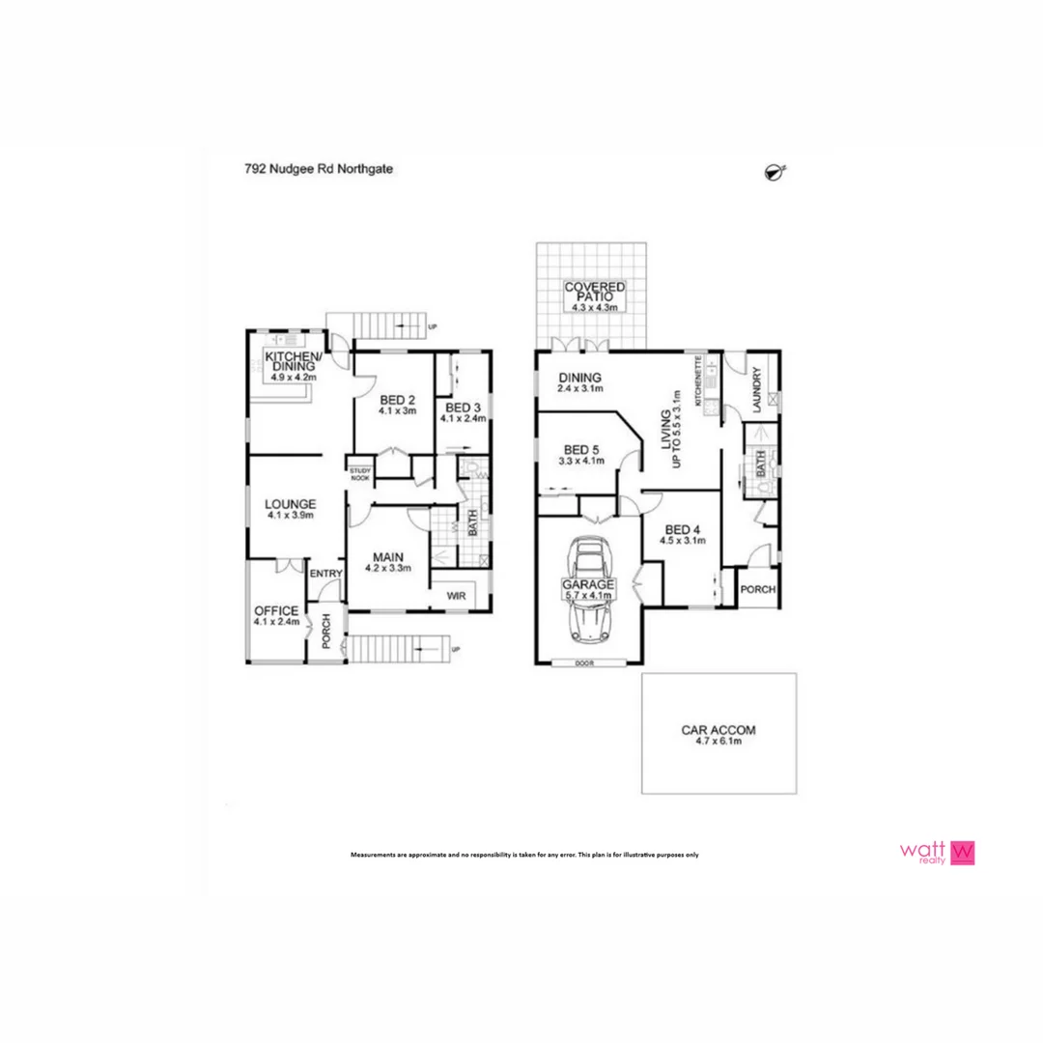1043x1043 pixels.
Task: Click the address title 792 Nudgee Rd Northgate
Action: click(x=318, y=168)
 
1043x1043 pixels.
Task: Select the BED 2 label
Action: click(x=397, y=400)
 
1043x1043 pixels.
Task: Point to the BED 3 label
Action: click(x=464, y=407)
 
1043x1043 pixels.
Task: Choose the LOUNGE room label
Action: click(x=292, y=503)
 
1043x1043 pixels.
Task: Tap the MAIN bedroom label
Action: click(x=388, y=556)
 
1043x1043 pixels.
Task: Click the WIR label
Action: click(x=457, y=597)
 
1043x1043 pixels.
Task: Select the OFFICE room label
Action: click(x=277, y=611)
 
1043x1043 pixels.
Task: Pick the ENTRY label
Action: click(x=326, y=573)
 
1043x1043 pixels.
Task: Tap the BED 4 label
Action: click(x=684, y=529)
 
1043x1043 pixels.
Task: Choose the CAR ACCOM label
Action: click(x=719, y=731)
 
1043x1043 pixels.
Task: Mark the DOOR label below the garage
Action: click(x=582, y=663)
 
